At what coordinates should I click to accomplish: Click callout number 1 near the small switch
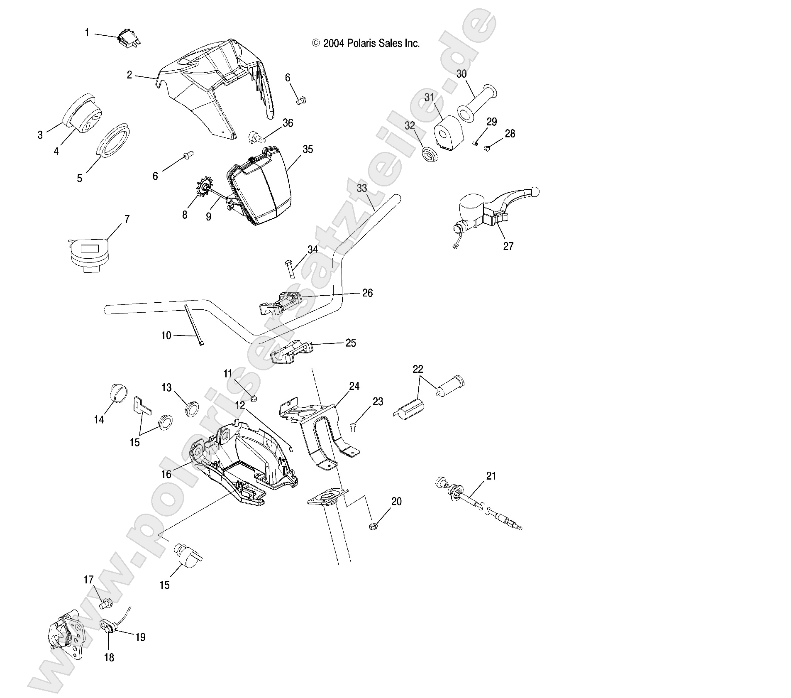pyautogui.click(x=87, y=32)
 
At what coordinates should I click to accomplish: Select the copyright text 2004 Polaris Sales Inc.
pyautogui.click(x=366, y=43)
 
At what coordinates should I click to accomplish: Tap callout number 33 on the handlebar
pyautogui.click(x=361, y=189)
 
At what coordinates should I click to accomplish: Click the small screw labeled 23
pyautogui.click(x=353, y=426)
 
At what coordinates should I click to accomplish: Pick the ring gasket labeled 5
pyautogui.click(x=113, y=140)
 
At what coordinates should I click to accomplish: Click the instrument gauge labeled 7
pyautogui.click(x=88, y=254)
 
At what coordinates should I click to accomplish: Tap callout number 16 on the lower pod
pyautogui.click(x=166, y=474)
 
